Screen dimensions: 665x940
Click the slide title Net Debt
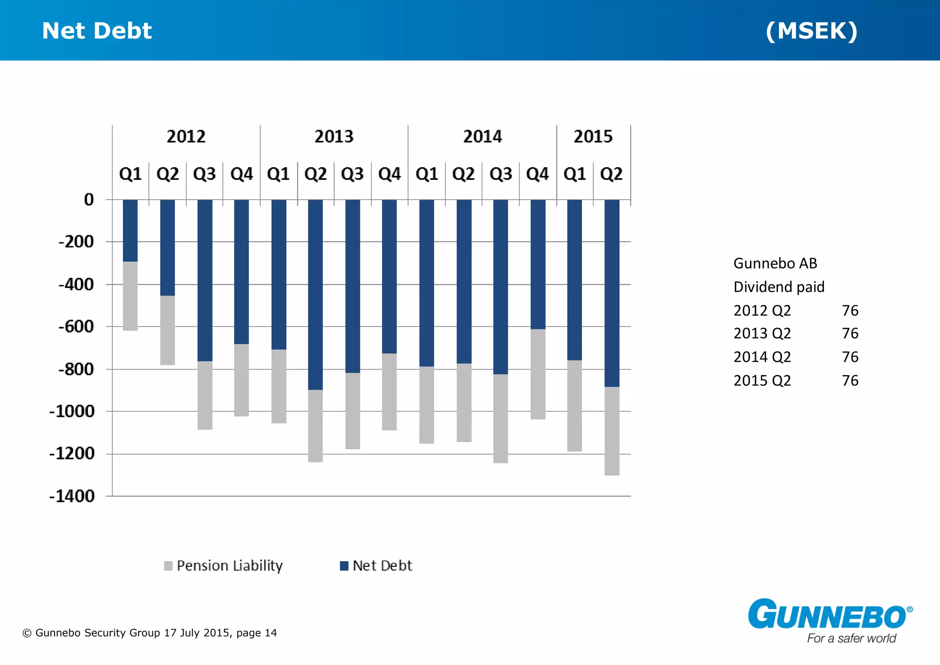coord(96,31)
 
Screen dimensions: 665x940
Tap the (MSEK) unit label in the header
coord(811,31)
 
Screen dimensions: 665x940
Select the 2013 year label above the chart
coord(334,136)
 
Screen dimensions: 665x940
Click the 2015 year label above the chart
coord(593,136)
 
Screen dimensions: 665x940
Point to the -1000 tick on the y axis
coord(72,411)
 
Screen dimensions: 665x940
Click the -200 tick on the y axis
coord(76,242)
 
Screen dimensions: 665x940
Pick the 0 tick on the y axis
coord(89,199)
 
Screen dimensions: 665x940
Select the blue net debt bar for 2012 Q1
coord(130,231)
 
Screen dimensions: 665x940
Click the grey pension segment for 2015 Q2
coord(612,431)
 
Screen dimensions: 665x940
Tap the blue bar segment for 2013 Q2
coord(315,294)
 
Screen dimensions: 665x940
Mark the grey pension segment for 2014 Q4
coord(538,374)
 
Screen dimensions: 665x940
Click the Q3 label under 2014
coord(500,174)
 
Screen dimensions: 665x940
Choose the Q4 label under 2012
coord(241,174)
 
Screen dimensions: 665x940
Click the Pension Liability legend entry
coord(224,565)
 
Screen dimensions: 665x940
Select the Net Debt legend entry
coord(376,565)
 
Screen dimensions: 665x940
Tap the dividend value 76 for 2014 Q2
coord(850,357)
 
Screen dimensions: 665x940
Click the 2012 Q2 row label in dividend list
coord(762,310)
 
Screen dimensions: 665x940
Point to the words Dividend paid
coord(779,287)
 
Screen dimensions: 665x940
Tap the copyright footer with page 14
coord(150,633)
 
